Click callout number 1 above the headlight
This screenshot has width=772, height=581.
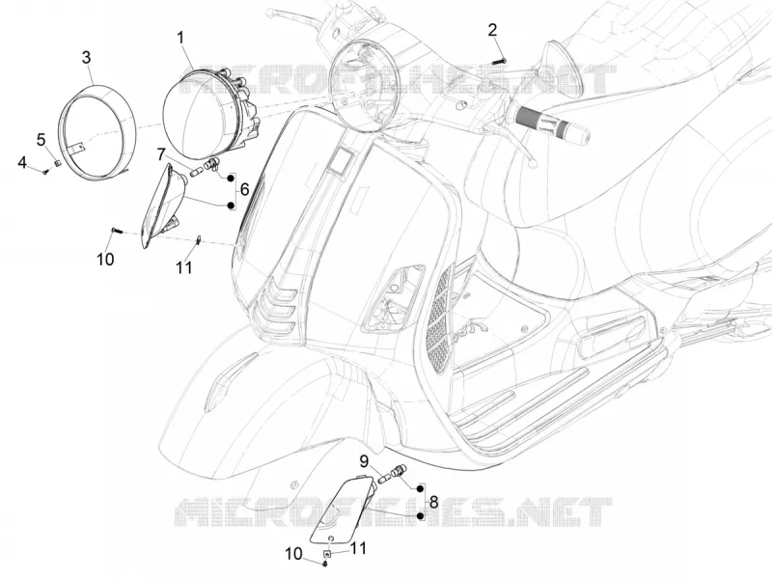pos(180,38)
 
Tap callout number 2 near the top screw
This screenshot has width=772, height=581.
pos(492,30)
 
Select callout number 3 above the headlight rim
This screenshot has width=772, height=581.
pos(86,57)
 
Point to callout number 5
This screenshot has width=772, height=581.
pos(41,139)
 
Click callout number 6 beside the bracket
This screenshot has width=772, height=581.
pos(245,188)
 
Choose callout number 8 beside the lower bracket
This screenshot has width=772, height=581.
pos(433,502)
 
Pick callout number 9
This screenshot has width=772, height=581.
pos(364,461)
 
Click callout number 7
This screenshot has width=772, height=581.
pos(161,154)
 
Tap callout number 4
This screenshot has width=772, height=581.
pos(22,161)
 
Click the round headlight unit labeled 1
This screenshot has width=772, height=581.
pos(209,111)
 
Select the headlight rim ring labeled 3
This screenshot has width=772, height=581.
pos(96,133)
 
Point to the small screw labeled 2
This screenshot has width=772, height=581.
pos(499,61)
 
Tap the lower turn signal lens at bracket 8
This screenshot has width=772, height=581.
pos(343,510)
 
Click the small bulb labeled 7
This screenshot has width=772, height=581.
pos(196,174)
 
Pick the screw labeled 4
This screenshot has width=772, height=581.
pos(46,172)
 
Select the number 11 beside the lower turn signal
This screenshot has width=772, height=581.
pos(358,547)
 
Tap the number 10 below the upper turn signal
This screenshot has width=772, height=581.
pos(105,259)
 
